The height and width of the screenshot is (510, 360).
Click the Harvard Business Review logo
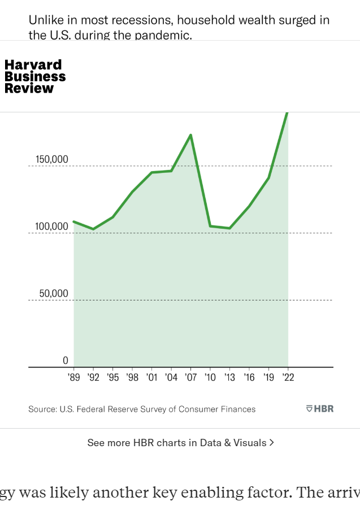(35, 76)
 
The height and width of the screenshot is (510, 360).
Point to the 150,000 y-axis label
(52, 159)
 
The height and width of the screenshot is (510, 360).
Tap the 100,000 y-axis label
(52, 226)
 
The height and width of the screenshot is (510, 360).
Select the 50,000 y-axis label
(54, 294)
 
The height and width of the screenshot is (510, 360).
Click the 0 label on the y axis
(65, 361)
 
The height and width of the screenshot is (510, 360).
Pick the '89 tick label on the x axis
(74, 377)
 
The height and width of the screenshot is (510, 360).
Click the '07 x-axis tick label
(190, 377)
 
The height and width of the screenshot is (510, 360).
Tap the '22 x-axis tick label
(288, 377)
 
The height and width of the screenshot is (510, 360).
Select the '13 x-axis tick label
(229, 377)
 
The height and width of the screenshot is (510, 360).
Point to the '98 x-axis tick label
(132, 377)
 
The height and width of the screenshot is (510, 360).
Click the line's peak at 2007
(191, 134)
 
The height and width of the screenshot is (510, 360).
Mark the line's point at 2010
(210, 226)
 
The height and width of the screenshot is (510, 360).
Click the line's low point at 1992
(93, 229)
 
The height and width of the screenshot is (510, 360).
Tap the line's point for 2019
(268, 178)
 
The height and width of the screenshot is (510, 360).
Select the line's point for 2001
(151, 172)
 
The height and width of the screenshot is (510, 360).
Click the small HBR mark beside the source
(320, 408)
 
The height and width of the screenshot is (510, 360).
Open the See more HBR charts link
(180, 443)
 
